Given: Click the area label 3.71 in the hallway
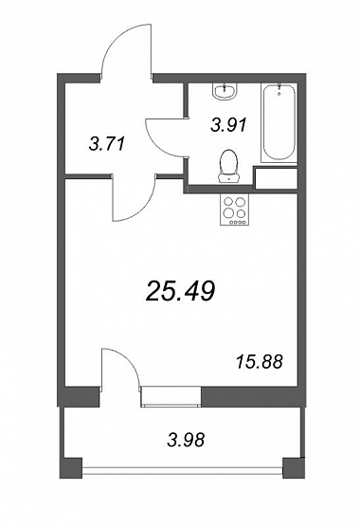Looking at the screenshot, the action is coord(106,144).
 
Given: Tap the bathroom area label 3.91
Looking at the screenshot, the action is coord(228,125).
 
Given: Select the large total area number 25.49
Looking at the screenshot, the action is coord(180,291).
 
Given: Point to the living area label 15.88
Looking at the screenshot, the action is coord(260,362).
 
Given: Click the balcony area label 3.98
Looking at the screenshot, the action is coord(186,440).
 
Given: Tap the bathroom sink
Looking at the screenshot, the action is coord(225,91).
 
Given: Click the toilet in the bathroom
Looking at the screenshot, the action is coord(228,166).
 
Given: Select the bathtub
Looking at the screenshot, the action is coord(279,123).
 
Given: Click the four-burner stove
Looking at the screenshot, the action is coord(234,209).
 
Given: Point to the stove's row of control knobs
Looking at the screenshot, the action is coord(239,222).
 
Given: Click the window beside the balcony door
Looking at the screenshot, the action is coord(171,396).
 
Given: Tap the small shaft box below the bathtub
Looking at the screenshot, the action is coord(277,178).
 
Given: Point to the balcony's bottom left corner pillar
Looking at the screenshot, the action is coord(71,467).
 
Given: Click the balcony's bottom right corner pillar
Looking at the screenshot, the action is coord(294,467).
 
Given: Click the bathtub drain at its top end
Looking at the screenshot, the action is coord(279,94).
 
